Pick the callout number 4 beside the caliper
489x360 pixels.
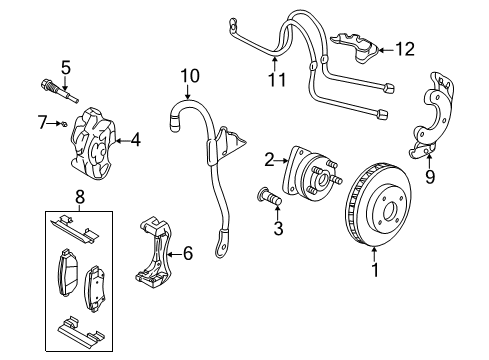click(135, 141)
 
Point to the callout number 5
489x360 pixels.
click(65, 68)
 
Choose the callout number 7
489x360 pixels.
click(41, 122)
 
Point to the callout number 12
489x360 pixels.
click(403, 47)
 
